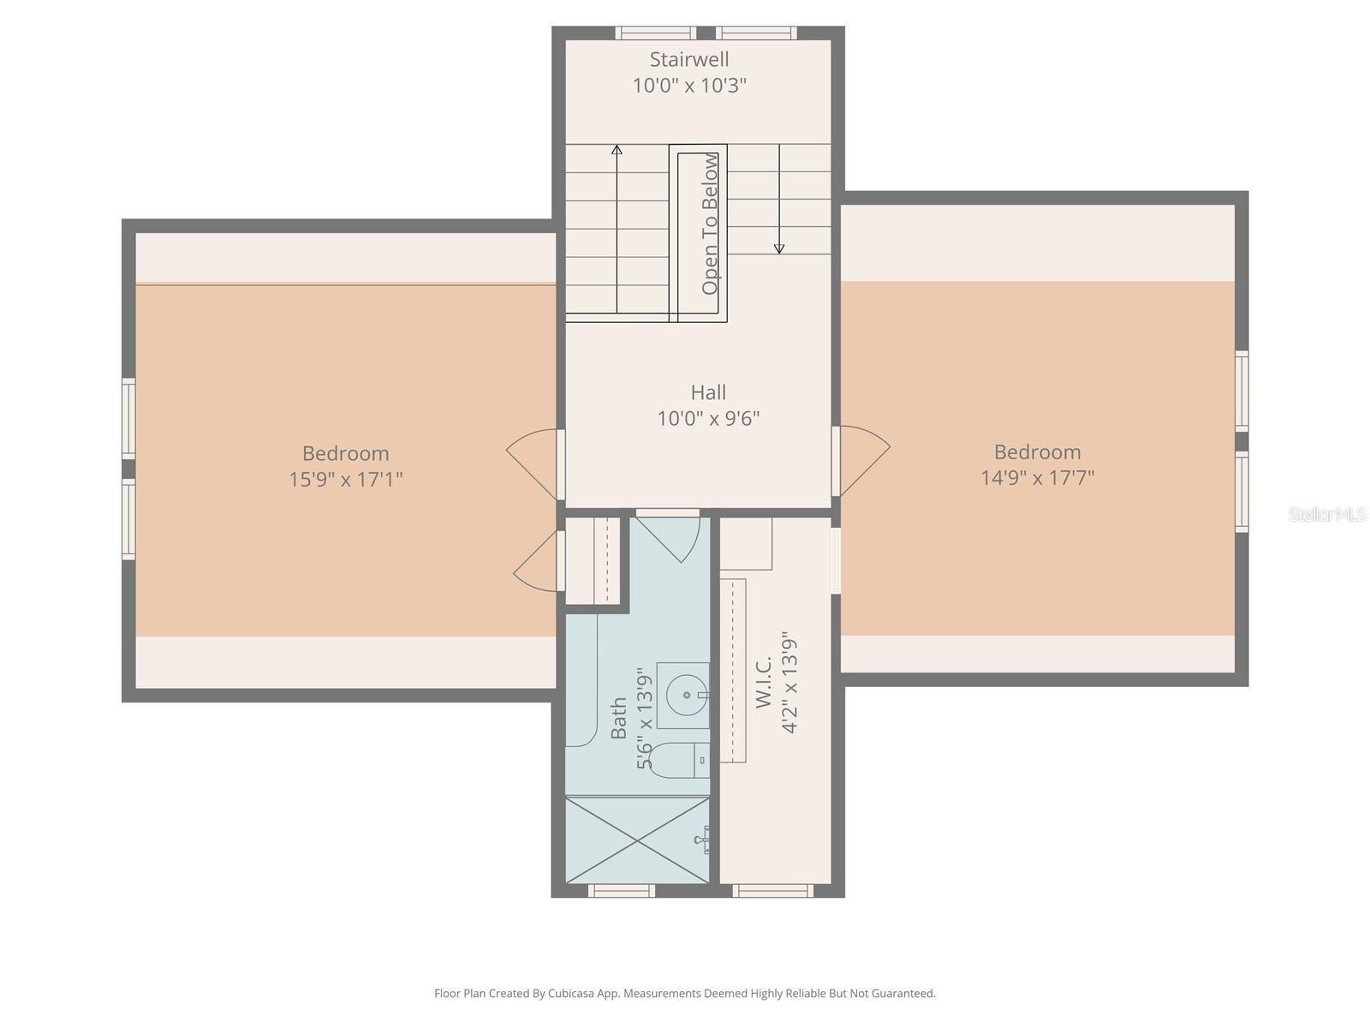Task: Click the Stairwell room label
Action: coord(689,59)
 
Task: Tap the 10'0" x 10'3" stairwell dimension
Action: coord(689,86)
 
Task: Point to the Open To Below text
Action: coord(710,224)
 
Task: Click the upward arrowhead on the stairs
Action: coord(616,150)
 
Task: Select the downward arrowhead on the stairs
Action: coord(779,248)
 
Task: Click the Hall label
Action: coord(708,392)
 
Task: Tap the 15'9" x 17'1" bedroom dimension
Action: coord(345,479)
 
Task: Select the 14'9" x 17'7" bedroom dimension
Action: coord(1037,477)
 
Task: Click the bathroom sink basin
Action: coord(687,695)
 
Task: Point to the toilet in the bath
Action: coord(677,760)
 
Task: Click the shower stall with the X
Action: coord(638,840)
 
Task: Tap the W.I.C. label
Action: coord(764,683)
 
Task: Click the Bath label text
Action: coord(618,718)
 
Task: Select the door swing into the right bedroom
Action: coord(863,460)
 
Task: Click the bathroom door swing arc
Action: coord(676,539)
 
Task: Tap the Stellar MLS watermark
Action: coord(1326,514)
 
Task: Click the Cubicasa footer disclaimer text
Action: coord(684,994)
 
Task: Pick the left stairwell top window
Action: coord(656,33)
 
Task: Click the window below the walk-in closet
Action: coord(773,891)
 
